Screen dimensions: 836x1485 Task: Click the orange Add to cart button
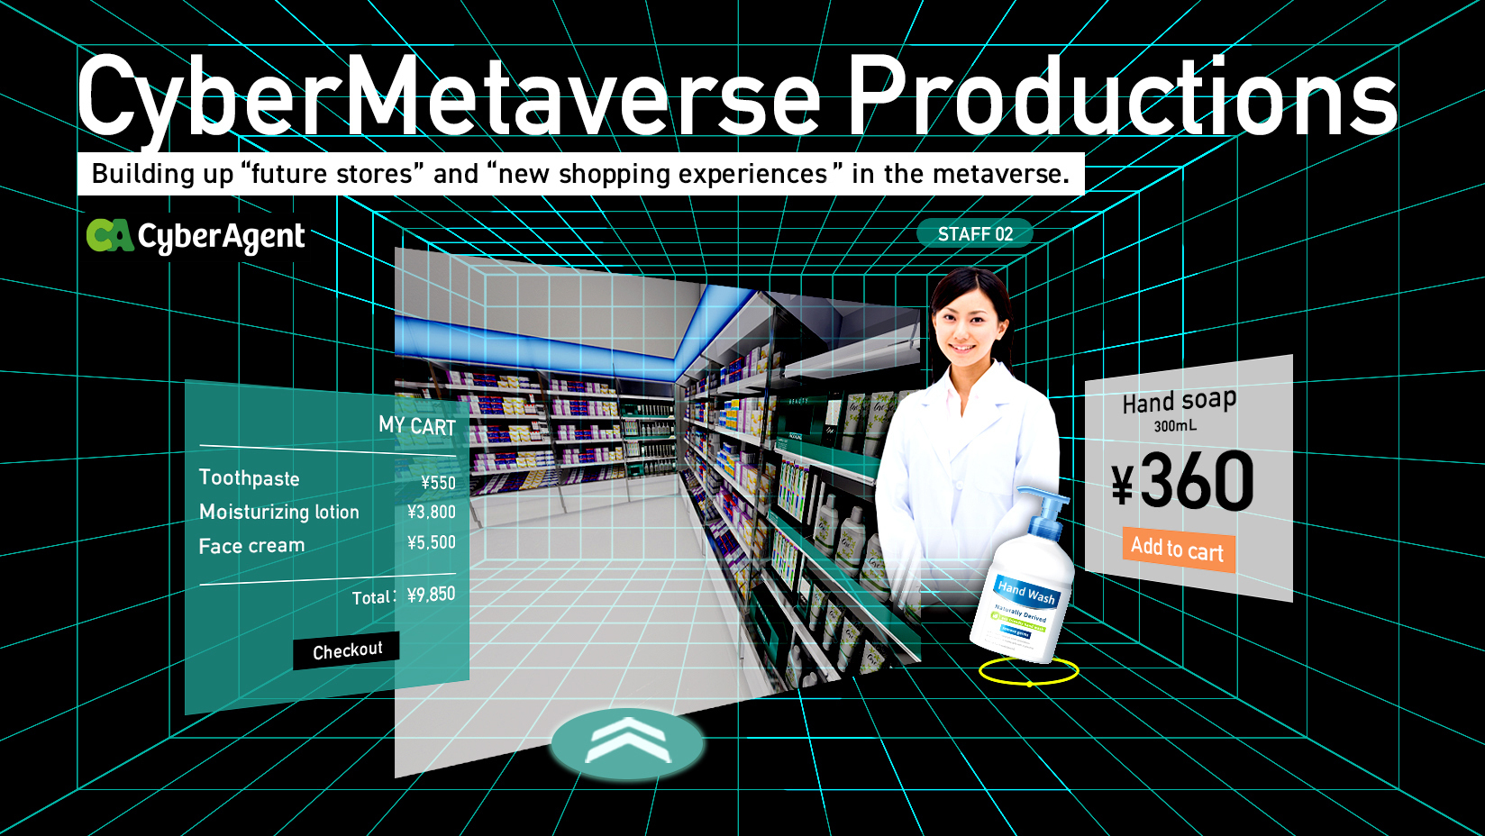tap(1178, 549)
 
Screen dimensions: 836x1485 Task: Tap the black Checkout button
tap(347, 650)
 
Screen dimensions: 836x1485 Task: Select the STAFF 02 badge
tap(975, 234)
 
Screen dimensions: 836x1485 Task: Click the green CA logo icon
tap(110, 236)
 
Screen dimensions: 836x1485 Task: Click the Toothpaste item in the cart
tap(250, 478)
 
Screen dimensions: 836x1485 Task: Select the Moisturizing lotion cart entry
tap(279, 512)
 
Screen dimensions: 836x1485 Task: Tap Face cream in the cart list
tap(252, 546)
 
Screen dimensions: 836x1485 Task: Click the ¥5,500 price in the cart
tap(432, 542)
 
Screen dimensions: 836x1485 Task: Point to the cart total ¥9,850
tap(432, 595)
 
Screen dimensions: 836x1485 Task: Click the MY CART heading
tap(417, 425)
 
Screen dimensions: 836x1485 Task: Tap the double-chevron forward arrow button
tap(627, 741)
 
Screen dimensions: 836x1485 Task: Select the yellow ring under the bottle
tap(1028, 671)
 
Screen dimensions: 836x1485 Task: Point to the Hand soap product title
tap(1179, 400)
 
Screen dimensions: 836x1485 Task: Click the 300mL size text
tap(1176, 425)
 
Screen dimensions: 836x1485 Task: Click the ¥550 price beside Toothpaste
tap(439, 483)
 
